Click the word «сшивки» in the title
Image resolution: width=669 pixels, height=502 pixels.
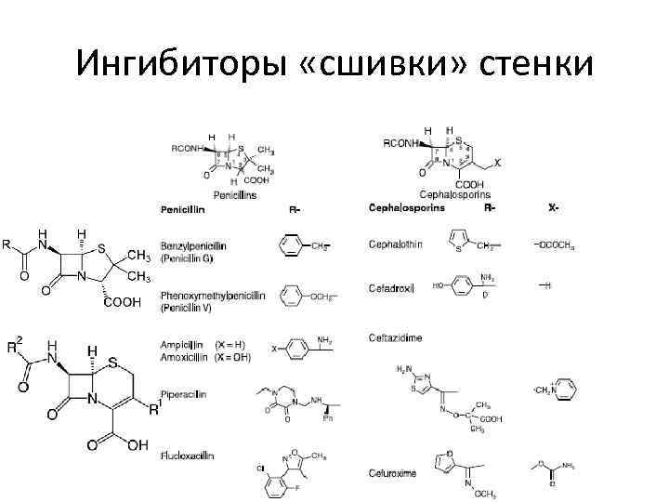[x=383, y=63]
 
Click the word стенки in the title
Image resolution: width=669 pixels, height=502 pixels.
[x=535, y=63]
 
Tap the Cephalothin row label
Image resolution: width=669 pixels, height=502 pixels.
[x=396, y=244]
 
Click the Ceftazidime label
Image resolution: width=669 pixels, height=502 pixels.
[x=395, y=337]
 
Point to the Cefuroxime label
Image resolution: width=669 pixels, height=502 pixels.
[x=392, y=472]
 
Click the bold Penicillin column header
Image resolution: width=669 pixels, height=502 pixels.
[x=183, y=210]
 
